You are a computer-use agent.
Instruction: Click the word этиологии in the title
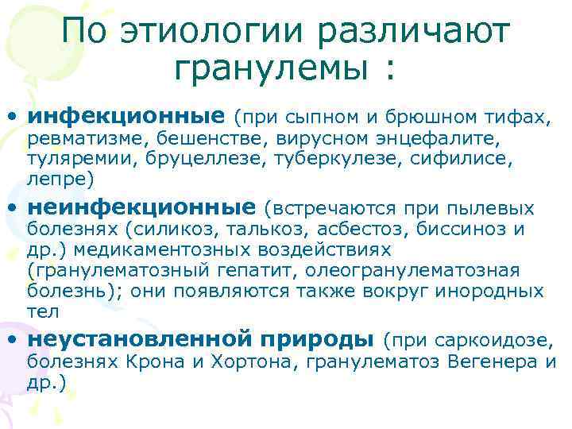click(x=213, y=33)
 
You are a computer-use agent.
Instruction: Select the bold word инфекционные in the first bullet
click(x=126, y=117)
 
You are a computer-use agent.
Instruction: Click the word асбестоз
click(x=350, y=231)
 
